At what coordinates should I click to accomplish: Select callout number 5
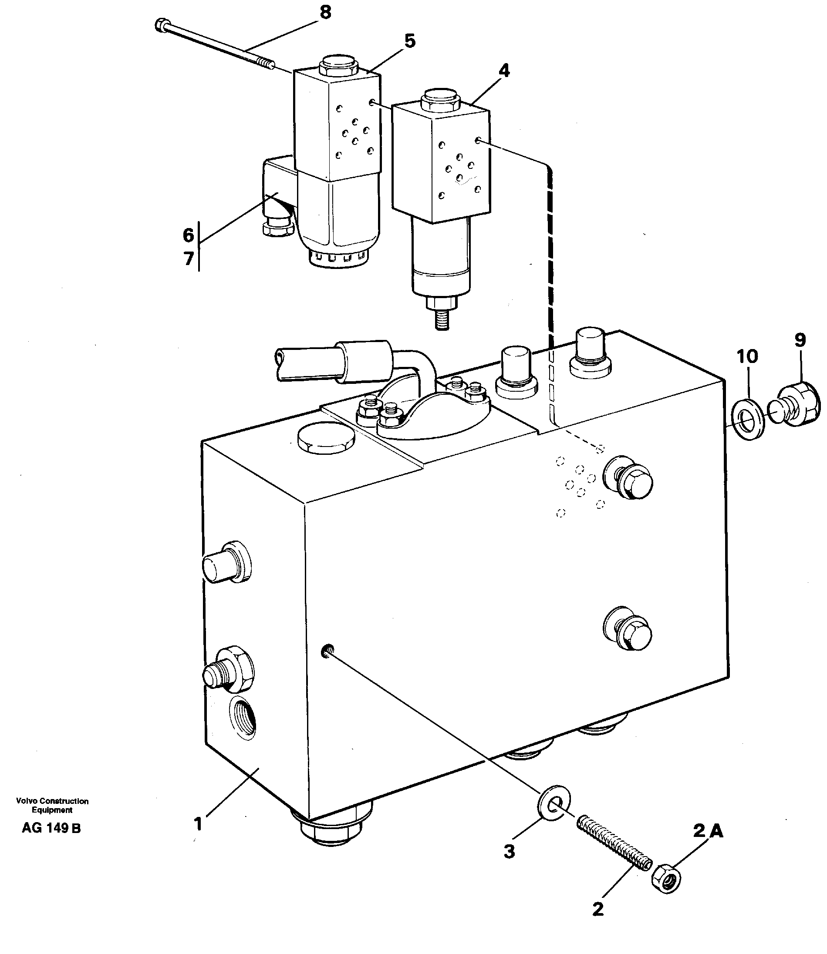[x=410, y=41]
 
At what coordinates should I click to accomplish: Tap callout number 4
[x=504, y=71]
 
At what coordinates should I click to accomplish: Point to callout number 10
[x=747, y=356]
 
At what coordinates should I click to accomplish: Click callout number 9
[x=800, y=340]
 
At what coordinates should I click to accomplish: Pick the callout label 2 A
[x=708, y=831]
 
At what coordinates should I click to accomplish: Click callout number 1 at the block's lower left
[x=198, y=823]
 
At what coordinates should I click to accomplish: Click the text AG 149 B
[x=51, y=828]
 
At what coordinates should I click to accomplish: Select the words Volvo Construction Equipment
[x=52, y=806]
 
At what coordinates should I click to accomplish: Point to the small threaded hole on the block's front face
[x=326, y=652]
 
